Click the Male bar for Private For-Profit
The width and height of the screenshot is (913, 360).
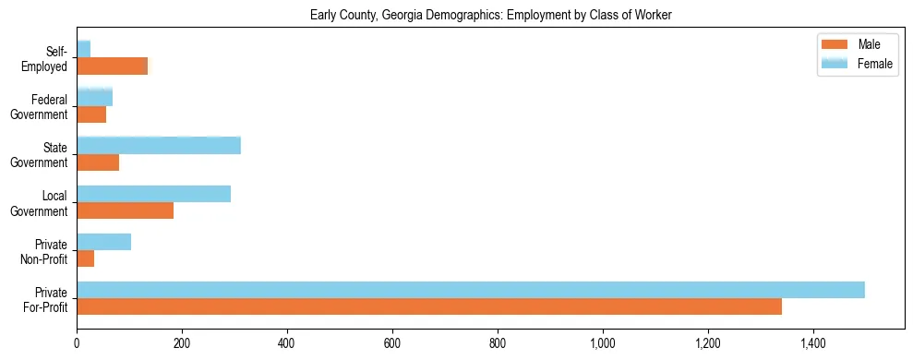click(429, 306)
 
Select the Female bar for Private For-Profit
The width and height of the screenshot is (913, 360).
click(471, 290)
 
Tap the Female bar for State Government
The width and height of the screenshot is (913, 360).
click(159, 145)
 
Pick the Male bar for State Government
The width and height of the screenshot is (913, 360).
click(98, 162)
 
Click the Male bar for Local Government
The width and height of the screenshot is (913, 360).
click(125, 210)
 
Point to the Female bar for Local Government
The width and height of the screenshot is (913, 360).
click(153, 194)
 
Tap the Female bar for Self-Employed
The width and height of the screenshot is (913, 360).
click(83, 49)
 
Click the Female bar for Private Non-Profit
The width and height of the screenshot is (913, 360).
click(103, 242)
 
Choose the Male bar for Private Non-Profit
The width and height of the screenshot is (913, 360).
click(85, 258)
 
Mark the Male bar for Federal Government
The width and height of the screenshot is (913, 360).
click(91, 114)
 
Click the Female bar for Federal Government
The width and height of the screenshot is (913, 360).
click(94, 97)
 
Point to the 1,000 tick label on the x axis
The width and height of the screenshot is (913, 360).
click(603, 343)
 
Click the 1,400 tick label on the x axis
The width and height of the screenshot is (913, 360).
click(813, 343)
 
